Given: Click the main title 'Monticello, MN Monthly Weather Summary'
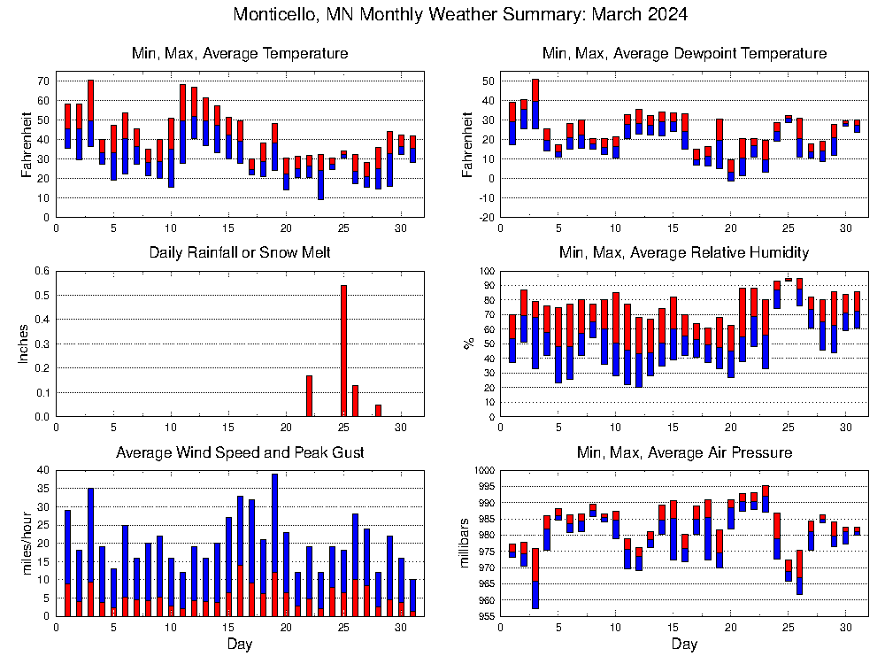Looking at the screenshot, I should pos(460,15).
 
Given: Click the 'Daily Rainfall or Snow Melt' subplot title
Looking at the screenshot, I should pos(240,253).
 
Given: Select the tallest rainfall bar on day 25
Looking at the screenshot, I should pos(343,351).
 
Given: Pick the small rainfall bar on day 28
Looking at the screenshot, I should pos(378,410).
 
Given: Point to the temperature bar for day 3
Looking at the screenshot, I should pos(90,112).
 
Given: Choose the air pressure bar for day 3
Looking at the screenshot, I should pos(535,578).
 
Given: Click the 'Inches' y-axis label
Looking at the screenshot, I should pos(24,344).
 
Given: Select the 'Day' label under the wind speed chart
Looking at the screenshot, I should pos(240,644).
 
